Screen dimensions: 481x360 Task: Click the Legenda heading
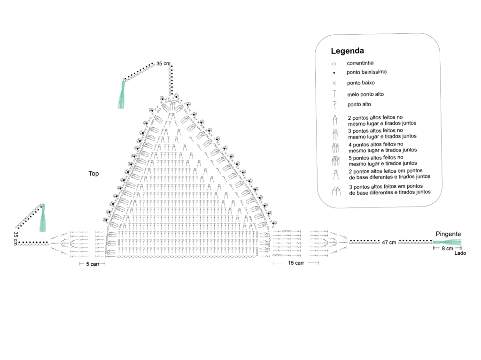[x=347, y=51]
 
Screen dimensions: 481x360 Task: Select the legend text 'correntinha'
[x=360, y=63]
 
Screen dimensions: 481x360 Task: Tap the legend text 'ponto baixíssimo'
[x=366, y=72]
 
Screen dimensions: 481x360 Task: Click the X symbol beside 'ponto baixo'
[x=334, y=83]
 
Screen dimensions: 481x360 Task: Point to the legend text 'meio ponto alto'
[x=365, y=94]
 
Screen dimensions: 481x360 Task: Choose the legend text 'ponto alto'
[x=359, y=104]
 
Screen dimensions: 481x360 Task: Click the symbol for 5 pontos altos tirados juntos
[x=335, y=161]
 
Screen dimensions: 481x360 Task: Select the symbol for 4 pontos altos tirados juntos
[x=335, y=148]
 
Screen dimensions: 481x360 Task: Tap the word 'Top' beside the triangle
[x=93, y=174]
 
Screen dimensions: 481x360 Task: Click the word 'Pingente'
[x=448, y=234]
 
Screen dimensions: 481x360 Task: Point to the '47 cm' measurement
[x=389, y=243]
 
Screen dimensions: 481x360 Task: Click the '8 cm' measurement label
[x=447, y=248]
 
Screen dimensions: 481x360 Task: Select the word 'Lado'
[x=460, y=253]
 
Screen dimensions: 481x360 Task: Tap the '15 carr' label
[x=296, y=263]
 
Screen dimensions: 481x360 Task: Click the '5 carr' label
[x=93, y=264]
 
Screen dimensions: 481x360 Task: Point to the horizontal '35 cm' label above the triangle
[x=163, y=63]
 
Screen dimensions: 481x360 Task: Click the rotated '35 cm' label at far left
[x=16, y=238]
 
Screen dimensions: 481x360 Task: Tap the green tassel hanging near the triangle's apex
[x=122, y=94]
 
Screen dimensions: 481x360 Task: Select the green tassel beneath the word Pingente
[x=447, y=242]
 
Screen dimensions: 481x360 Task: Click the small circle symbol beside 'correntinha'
[x=334, y=64]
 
